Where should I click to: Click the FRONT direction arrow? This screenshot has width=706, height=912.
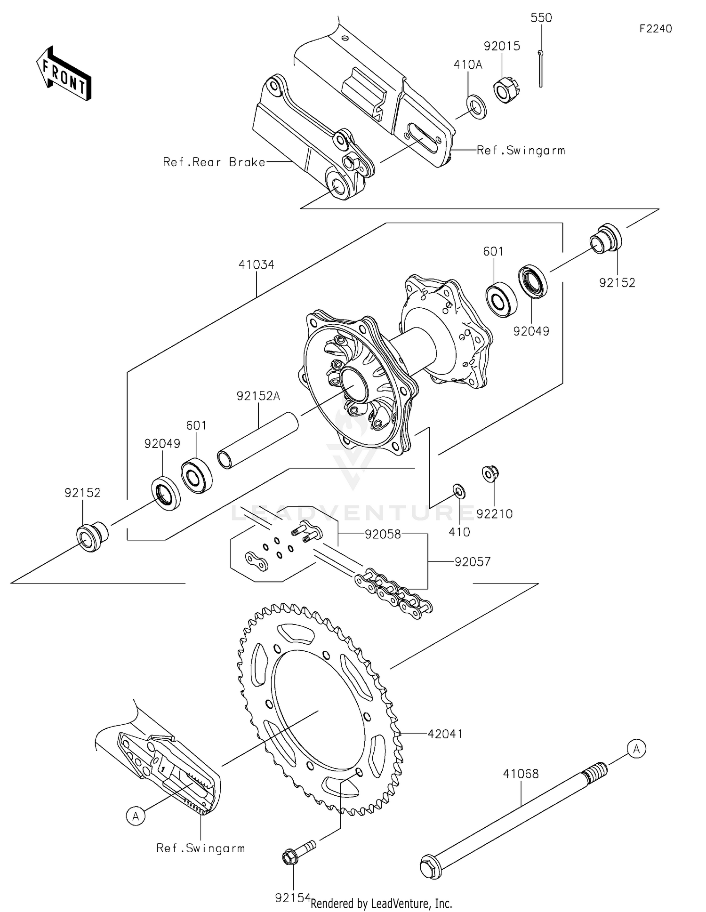(x=64, y=74)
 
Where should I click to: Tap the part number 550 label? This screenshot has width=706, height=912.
(x=541, y=18)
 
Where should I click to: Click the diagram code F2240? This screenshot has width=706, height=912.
(x=655, y=29)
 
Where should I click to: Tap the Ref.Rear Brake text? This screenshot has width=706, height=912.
(x=214, y=162)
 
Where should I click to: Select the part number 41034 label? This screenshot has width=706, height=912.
(x=256, y=264)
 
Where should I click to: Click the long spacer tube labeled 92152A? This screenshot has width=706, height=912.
(x=258, y=440)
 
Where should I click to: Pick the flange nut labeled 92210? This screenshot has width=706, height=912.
(x=490, y=474)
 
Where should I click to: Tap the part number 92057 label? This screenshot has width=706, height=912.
(x=473, y=561)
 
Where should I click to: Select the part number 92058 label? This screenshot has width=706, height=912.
(x=383, y=534)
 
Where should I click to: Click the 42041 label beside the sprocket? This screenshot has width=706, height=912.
(x=445, y=734)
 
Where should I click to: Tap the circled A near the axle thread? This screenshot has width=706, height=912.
(x=636, y=748)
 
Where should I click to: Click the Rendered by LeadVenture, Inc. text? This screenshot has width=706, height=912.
(x=381, y=904)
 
